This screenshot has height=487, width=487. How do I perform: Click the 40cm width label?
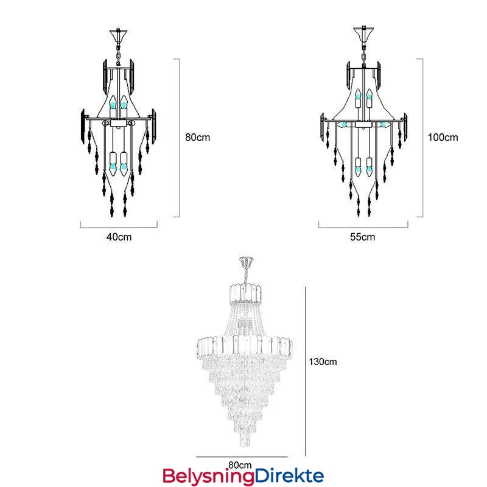click(x=119, y=237)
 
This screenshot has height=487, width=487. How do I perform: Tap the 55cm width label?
click(x=362, y=237)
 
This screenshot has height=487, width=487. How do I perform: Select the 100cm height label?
click(x=443, y=138)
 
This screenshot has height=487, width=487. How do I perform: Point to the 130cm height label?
click(x=323, y=362)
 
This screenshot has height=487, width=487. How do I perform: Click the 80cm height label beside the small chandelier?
click(x=197, y=138)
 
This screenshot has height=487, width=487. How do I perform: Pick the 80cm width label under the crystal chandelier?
click(x=240, y=465)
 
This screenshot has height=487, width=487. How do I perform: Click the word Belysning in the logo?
click(x=208, y=477)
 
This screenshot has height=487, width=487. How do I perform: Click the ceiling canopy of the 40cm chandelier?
click(x=118, y=35)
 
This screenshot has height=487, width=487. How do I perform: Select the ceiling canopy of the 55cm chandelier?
click(x=363, y=34)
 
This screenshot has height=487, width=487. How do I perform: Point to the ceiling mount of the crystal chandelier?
click(x=247, y=262)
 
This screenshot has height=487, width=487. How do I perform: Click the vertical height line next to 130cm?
click(x=306, y=371)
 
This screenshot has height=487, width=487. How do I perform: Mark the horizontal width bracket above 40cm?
click(x=119, y=225)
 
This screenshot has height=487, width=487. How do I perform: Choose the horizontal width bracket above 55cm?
click(x=363, y=225)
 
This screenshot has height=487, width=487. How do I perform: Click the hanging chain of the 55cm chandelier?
click(x=363, y=54)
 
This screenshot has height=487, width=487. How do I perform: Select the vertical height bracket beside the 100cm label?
click(x=420, y=138)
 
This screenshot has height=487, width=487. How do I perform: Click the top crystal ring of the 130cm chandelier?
click(x=245, y=293)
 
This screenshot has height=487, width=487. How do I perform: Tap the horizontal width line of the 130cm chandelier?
click(x=242, y=457)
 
